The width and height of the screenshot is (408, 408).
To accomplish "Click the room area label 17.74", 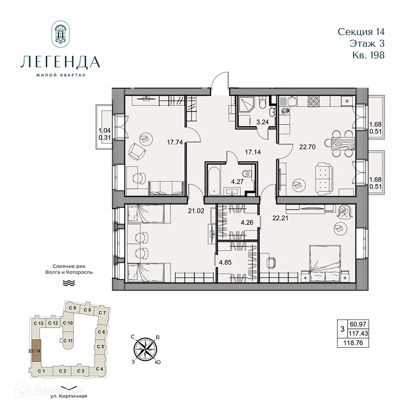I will pos(174,142).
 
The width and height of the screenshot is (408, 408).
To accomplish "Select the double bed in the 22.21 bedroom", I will pos(325,263).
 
